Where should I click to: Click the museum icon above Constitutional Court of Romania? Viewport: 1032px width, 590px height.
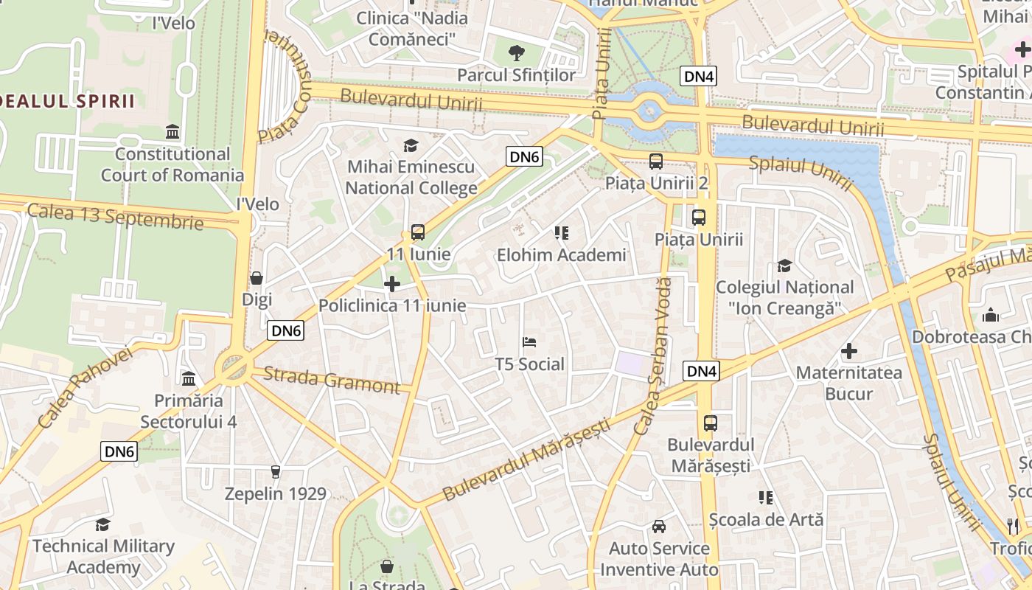coord(172,132)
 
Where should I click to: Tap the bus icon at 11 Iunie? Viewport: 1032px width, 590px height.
coord(418,232)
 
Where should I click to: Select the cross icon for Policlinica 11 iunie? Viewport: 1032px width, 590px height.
coord(392,284)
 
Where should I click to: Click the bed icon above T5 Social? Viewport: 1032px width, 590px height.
coord(529,342)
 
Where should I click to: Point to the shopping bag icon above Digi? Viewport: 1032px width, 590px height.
coord(257,278)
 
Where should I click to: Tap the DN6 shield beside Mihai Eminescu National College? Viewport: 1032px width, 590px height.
coord(525,156)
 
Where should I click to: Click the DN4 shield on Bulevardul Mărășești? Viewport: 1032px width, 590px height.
coord(701,371)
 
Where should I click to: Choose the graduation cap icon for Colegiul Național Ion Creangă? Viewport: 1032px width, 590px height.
coord(784,265)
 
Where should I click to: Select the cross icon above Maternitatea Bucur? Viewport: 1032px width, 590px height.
coord(849,351)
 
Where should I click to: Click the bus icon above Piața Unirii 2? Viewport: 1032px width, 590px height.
coord(655,161)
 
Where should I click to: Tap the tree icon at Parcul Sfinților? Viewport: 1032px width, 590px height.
coord(517,52)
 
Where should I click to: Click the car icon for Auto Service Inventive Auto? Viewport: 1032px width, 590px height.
coord(659,527)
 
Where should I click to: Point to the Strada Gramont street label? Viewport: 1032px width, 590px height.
coord(331,380)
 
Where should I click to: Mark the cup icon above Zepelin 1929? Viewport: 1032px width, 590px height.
coord(276,471)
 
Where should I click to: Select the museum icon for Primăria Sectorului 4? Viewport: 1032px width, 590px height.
coord(189,379)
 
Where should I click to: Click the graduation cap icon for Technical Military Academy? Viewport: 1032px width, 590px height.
coord(103,524)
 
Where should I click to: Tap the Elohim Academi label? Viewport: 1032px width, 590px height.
coord(561,255)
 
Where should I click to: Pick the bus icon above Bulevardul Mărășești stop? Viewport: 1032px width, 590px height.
coord(711,423)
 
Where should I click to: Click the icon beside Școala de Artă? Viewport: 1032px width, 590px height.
coord(766,498)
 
